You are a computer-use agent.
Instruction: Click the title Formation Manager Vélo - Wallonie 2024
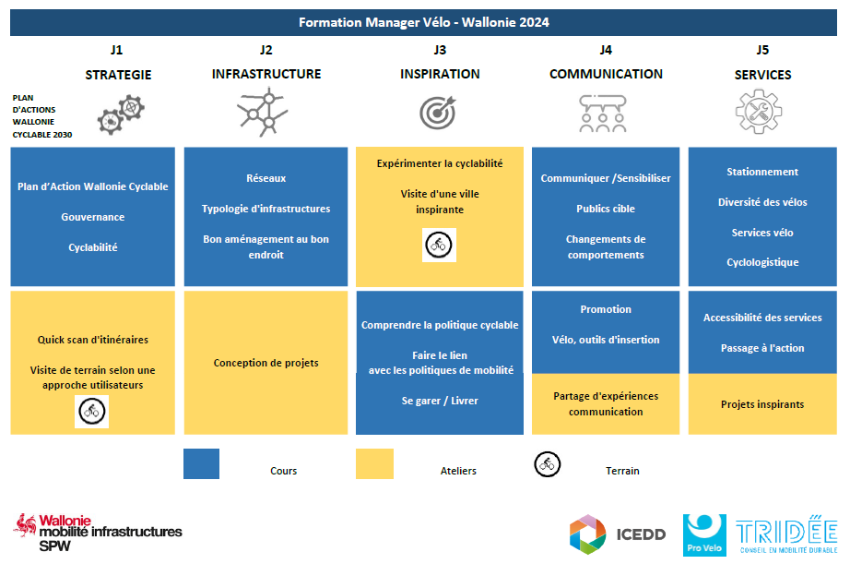coord(423,22)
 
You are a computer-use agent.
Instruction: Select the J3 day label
coord(440,50)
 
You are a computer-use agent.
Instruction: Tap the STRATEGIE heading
coord(118,75)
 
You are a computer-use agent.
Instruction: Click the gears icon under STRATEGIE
coord(121,114)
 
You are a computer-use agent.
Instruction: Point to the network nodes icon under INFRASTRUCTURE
coord(263,113)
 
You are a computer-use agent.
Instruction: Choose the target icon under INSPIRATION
coord(438,113)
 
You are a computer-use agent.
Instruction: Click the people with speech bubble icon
coord(603,114)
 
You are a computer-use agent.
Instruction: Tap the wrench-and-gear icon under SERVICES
coord(759,112)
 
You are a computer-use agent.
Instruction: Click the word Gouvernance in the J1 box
coord(93,217)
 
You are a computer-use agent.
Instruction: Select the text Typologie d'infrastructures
coord(266,209)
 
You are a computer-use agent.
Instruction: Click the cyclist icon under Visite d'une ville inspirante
coord(439,245)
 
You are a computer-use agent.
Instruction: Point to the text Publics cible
coord(606,209)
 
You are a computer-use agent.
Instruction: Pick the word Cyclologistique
coord(762,262)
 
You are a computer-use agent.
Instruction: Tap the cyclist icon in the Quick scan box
coord(91,411)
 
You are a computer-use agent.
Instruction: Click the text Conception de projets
coord(266,363)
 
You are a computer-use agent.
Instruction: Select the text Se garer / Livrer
coord(440,401)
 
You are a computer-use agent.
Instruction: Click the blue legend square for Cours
coord(201,463)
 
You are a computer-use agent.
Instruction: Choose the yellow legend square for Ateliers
coord(374,463)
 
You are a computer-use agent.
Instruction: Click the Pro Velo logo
coord(704,534)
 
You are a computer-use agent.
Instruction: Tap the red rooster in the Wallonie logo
coord(26,525)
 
